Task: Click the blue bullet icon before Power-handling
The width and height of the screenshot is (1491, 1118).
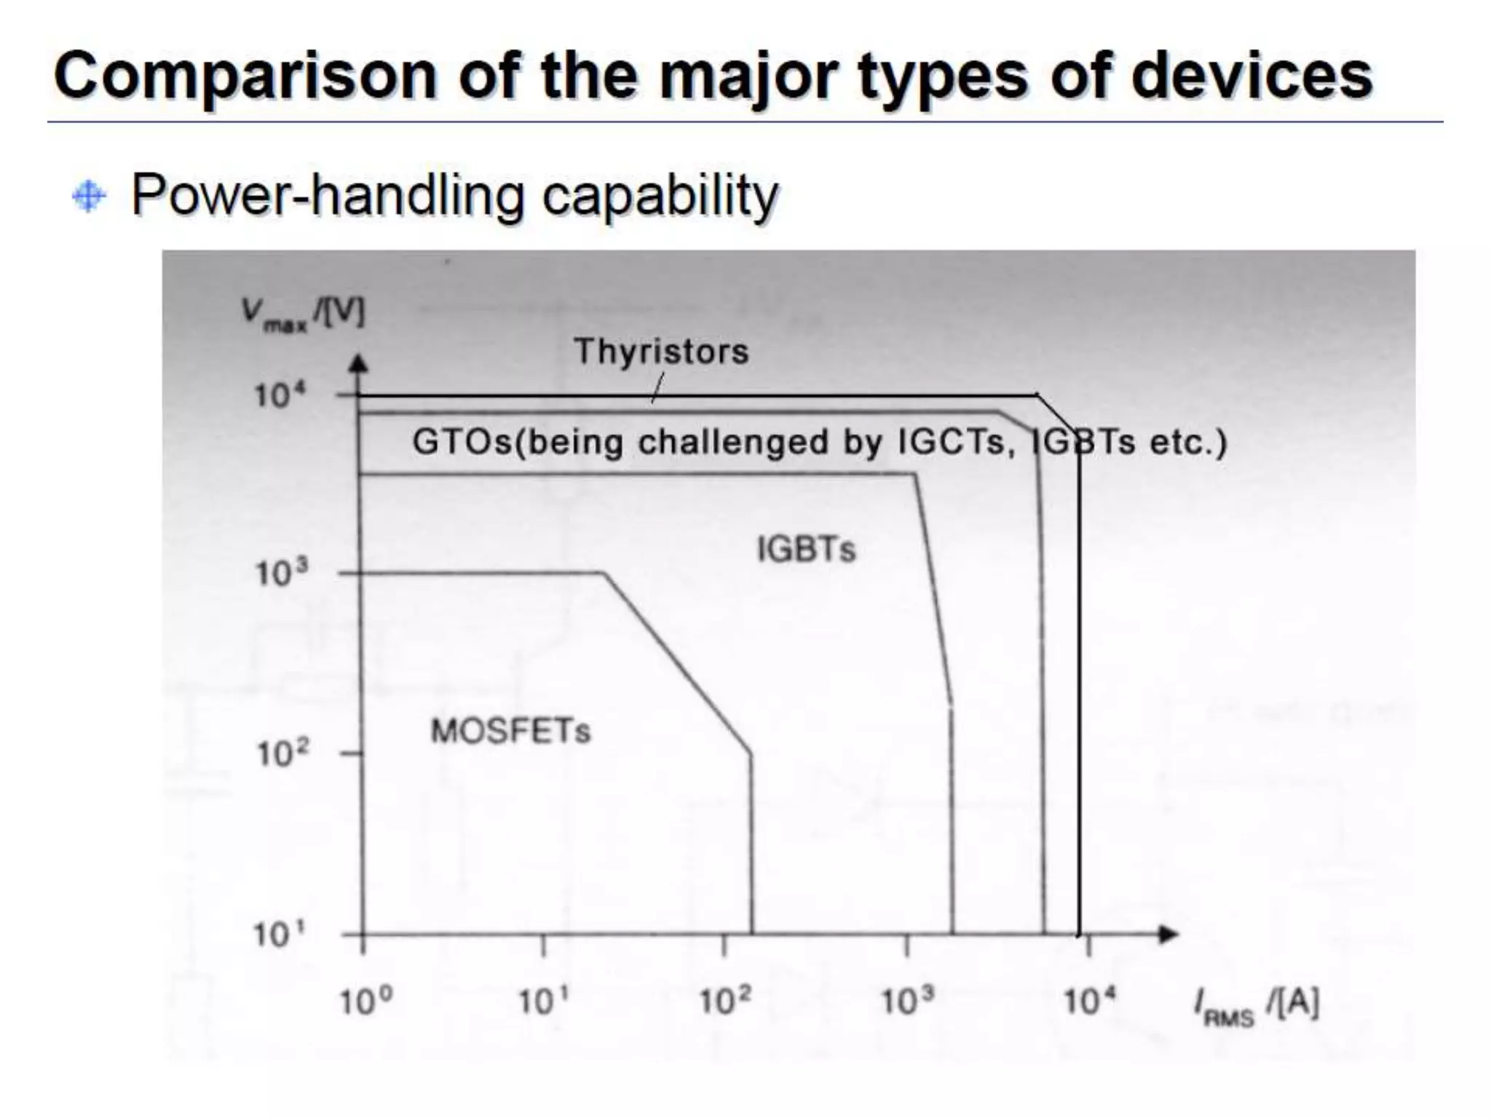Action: (x=89, y=197)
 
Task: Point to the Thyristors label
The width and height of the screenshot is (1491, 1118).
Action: (x=660, y=352)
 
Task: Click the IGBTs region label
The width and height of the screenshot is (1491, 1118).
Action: (x=806, y=549)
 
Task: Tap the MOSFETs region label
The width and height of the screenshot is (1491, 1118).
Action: (x=510, y=731)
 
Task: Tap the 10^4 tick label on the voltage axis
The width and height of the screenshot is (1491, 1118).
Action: (x=280, y=396)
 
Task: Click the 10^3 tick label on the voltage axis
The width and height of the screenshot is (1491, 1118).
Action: (x=282, y=574)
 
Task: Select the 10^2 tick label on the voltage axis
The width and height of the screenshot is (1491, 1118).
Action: (x=282, y=753)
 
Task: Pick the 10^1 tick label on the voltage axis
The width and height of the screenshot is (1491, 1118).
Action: (x=282, y=934)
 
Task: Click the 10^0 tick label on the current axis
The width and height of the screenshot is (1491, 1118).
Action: (x=365, y=1003)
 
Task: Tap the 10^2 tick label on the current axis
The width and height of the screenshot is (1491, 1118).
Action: (x=724, y=1003)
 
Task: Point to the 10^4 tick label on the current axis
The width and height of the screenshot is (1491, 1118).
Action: (x=1089, y=1003)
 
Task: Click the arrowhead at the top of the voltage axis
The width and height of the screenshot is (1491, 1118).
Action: (x=359, y=363)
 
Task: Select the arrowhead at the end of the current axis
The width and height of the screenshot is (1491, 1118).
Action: (x=1168, y=934)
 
